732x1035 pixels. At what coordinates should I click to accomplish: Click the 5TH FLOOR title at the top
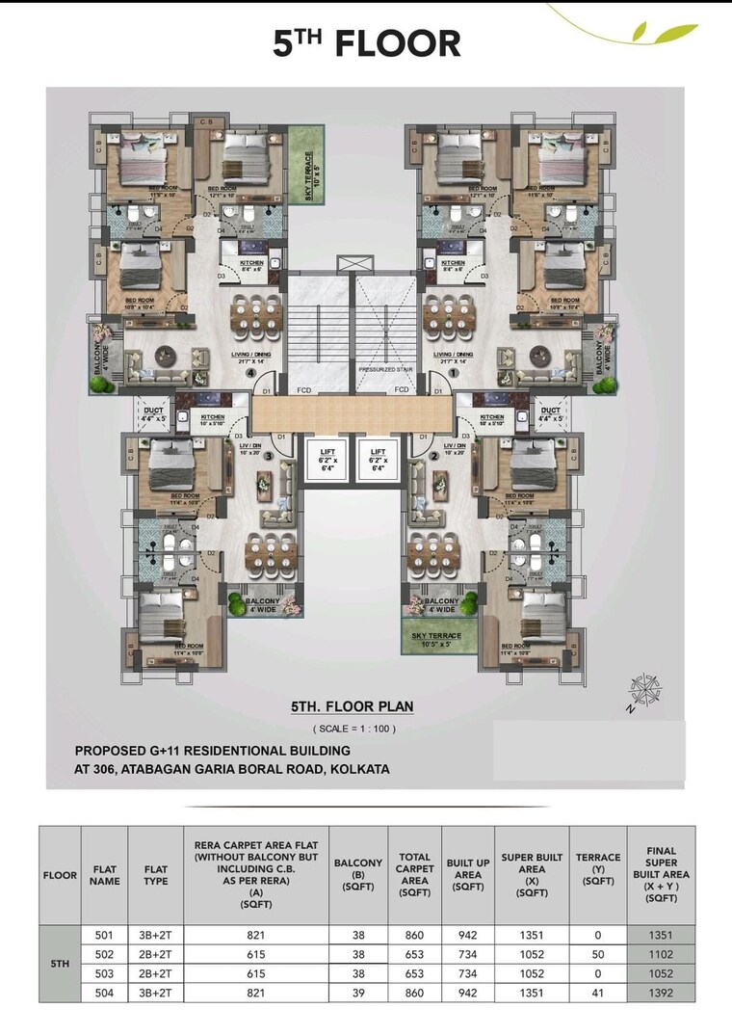coord(366,44)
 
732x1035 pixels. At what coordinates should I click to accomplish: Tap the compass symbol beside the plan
coord(642,690)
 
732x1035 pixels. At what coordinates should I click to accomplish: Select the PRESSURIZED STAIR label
coord(385,368)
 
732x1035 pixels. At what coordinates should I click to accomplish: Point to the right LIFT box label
coord(378,456)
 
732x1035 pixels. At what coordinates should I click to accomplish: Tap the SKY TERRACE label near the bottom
coord(436,636)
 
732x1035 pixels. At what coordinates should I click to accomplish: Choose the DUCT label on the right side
coord(551,414)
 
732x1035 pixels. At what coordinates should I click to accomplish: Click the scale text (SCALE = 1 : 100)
coord(353,729)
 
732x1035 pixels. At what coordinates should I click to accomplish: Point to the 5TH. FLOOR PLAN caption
coord(353,706)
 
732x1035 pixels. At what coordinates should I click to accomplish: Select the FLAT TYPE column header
coord(156,875)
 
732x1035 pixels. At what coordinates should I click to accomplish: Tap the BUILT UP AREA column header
coord(467,875)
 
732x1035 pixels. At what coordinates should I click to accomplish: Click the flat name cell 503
coord(105,973)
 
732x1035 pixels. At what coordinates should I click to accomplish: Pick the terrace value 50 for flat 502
coord(598,954)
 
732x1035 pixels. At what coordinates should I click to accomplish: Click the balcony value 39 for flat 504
coord(358,992)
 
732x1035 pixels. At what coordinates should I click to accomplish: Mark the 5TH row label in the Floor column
coord(60,964)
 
